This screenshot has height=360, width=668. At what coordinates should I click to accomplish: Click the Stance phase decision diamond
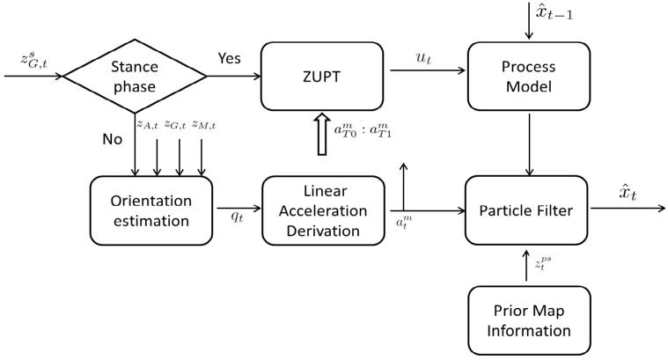[x=135, y=76]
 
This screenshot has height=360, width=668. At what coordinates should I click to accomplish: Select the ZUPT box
[x=322, y=76]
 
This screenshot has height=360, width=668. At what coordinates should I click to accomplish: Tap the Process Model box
[x=526, y=76]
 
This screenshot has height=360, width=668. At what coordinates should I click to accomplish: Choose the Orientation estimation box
[x=151, y=209]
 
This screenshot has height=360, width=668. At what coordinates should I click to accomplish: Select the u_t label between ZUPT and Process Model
[x=423, y=58]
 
